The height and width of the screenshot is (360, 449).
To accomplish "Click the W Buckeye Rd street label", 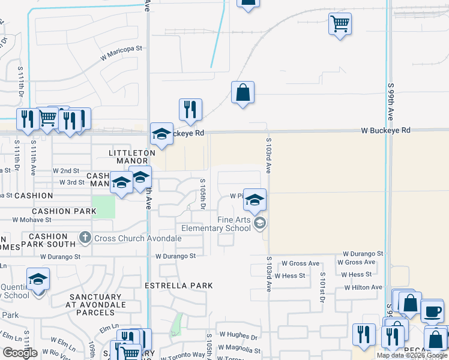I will click(386, 130).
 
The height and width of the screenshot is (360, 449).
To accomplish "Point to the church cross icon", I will click(85, 238).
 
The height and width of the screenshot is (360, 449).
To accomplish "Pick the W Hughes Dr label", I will click(238, 337).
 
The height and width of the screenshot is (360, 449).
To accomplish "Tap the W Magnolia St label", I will click(240, 349).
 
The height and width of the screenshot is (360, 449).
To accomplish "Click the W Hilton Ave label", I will click(363, 287).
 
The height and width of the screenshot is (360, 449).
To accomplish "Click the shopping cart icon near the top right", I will click(340, 24).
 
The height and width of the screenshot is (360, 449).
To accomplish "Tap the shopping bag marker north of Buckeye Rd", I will click(243, 93).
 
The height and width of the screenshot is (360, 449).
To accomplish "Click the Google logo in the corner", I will click(20, 352).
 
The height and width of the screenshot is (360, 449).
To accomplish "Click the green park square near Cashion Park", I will click(103, 207).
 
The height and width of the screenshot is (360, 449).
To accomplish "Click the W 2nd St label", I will click(66, 171).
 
